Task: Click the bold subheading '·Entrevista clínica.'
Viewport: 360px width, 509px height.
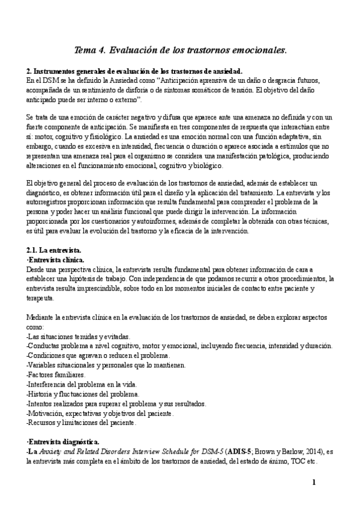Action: tap(56, 260)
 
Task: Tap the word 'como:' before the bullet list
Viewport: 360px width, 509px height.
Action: tap(35, 327)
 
